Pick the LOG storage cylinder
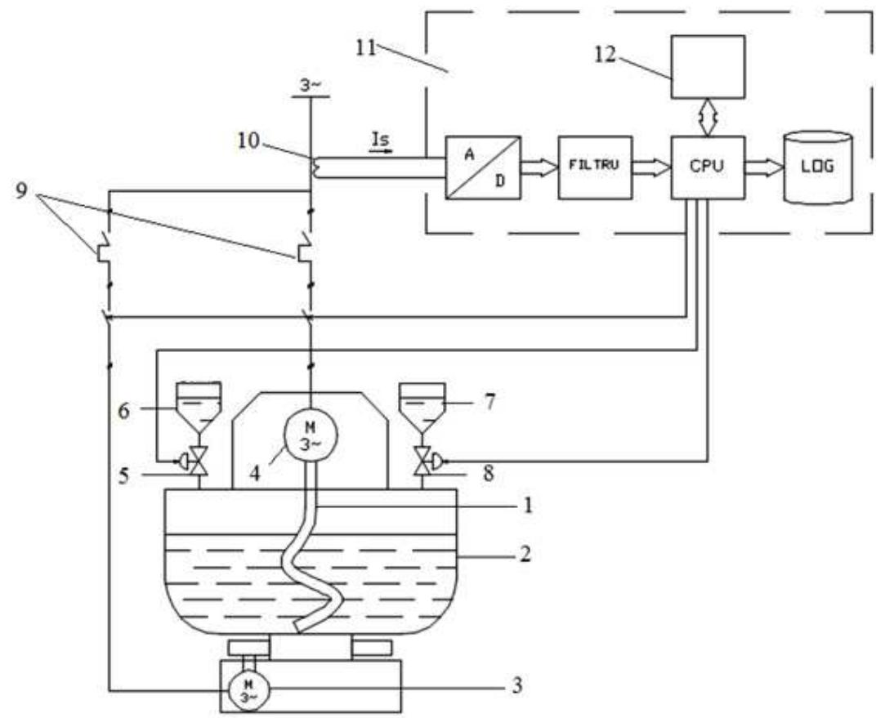[817, 167]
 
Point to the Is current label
[381, 142]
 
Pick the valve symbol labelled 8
[422, 463]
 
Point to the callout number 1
[526, 506]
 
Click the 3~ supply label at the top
[308, 84]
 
